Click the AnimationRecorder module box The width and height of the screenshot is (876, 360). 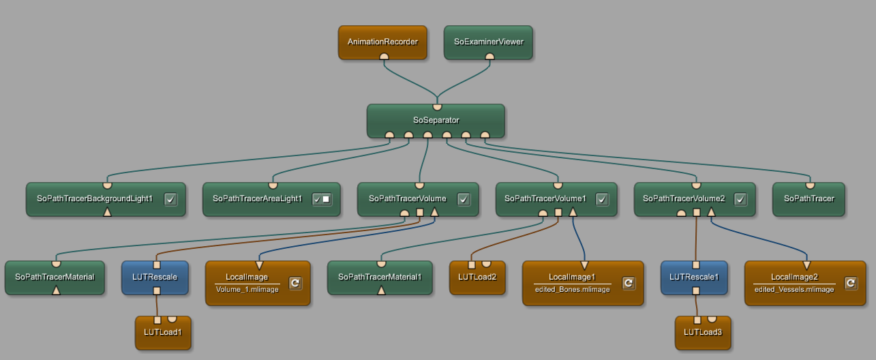click(x=382, y=42)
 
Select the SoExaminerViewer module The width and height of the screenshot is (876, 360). click(x=488, y=42)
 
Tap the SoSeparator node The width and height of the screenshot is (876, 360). click(x=436, y=120)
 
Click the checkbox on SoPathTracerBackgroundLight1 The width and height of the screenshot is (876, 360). click(x=170, y=199)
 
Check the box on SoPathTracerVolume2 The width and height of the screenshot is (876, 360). click(x=740, y=199)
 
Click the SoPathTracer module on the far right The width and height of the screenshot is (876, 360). click(x=809, y=199)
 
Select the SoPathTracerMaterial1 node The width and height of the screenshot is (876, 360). click(x=380, y=277)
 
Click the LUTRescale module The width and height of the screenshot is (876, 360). click(x=156, y=277)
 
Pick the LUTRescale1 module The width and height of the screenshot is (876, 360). click(x=695, y=277)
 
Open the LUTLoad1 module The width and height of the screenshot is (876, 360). click(x=162, y=333)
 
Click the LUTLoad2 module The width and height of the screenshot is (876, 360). click(x=477, y=277)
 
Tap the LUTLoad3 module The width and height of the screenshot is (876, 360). click(x=702, y=333)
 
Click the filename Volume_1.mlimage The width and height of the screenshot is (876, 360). click(x=247, y=289)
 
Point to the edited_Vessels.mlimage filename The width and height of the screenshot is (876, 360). click(x=794, y=289)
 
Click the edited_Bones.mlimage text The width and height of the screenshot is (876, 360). click(x=572, y=289)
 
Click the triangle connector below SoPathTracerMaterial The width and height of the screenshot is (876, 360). click(x=57, y=290)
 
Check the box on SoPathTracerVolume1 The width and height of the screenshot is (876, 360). click(x=601, y=199)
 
